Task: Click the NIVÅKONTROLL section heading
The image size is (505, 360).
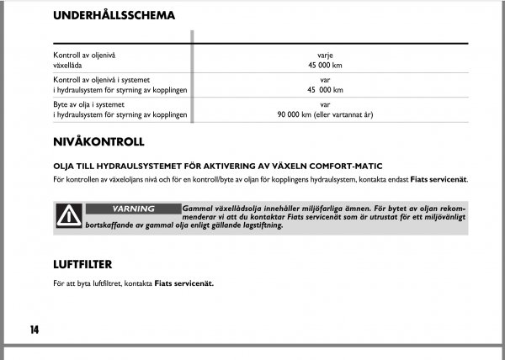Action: pos(98,142)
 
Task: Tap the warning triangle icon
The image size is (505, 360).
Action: pos(65,218)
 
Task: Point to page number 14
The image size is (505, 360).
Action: pos(34,329)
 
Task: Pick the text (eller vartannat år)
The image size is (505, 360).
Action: pos(348,114)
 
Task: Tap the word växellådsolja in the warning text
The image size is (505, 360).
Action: pos(243,208)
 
